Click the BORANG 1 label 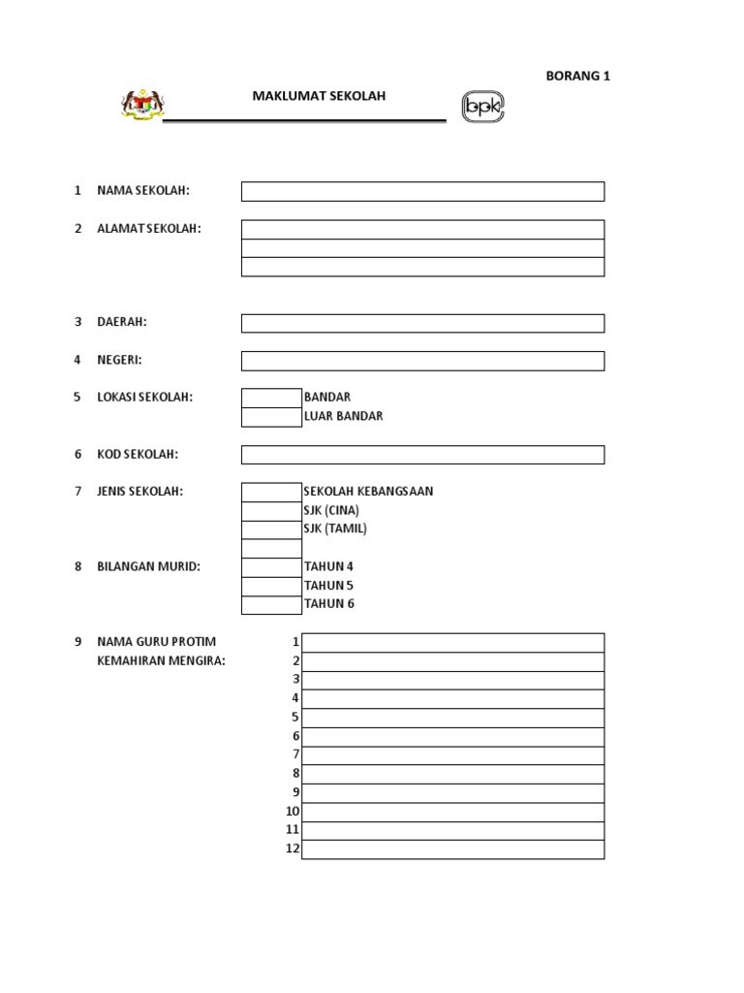coord(578,77)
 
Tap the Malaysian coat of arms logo coord(142,104)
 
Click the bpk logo coord(483,107)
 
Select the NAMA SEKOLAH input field coord(422,191)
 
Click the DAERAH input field coord(422,323)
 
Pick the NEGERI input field coord(422,361)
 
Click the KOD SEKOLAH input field coord(422,455)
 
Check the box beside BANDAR coord(271,398)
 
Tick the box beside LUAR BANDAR coord(271,417)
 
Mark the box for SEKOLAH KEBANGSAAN coord(271,492)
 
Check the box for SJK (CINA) coord(271,511)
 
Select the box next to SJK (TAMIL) coord(271,529)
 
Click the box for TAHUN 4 coord(271,567)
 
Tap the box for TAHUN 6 coord(271,605)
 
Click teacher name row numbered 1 coord(452,643)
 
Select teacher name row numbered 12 coord(452,849)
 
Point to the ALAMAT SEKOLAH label coord(149,229)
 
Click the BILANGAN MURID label coord(148,567)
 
